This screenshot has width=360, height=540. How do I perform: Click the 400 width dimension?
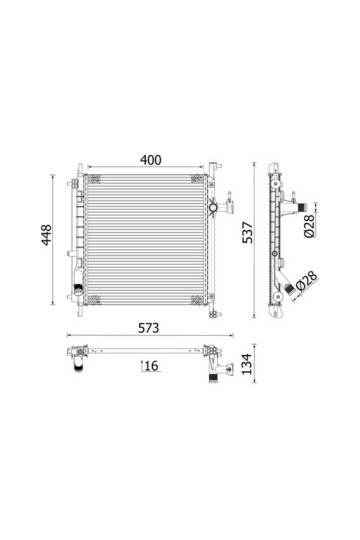coord(151,160)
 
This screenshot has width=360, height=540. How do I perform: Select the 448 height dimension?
coord(46,235)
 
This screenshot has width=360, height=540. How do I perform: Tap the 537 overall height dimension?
coord(247,232)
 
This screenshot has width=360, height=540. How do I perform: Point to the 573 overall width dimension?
coord(148,328)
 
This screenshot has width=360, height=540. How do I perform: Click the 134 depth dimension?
coord(247,364)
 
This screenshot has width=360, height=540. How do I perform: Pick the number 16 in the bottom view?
coord(152,366)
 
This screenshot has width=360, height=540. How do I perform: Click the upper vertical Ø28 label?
coord(309,226)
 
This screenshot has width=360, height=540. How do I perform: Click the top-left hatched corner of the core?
coord(94,179)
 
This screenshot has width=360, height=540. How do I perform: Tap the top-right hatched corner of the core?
coord(197,179)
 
